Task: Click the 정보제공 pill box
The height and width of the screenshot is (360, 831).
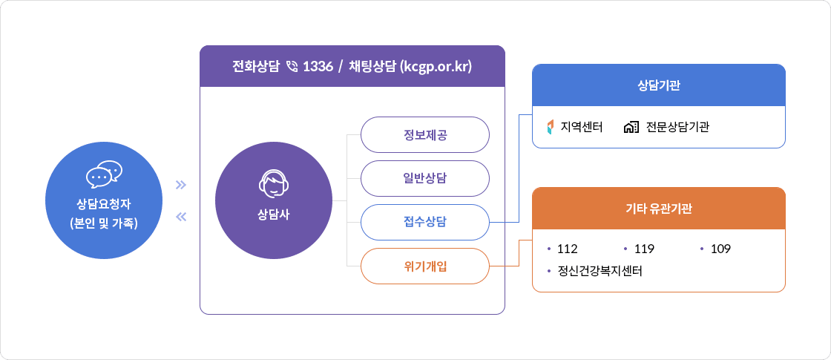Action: (425, 135)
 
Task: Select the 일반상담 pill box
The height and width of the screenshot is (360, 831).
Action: (425, 179)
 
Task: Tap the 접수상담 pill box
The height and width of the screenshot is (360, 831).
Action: (425, 222)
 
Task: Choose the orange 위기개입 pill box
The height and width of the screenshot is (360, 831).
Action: (425, 266)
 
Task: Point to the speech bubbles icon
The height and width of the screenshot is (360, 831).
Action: (104, 174)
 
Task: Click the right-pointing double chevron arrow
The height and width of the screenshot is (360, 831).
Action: (180, 185)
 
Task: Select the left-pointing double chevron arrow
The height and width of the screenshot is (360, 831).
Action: (180, 217)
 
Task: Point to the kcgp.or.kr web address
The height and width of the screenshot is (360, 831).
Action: (436, 67)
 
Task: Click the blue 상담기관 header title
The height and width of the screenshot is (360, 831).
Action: (659, 85)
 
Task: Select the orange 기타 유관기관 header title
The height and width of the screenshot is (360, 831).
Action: (659, 209)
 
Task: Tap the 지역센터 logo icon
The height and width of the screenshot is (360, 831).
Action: (550, 127)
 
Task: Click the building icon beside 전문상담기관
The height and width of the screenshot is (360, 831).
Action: (631, 127)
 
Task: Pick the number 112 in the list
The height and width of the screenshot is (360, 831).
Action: (567, 249)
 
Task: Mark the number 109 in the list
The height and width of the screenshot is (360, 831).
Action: (720, 249)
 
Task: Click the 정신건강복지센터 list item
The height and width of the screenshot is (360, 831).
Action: (600, 271)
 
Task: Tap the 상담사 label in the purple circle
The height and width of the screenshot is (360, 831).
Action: (274, 215)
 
